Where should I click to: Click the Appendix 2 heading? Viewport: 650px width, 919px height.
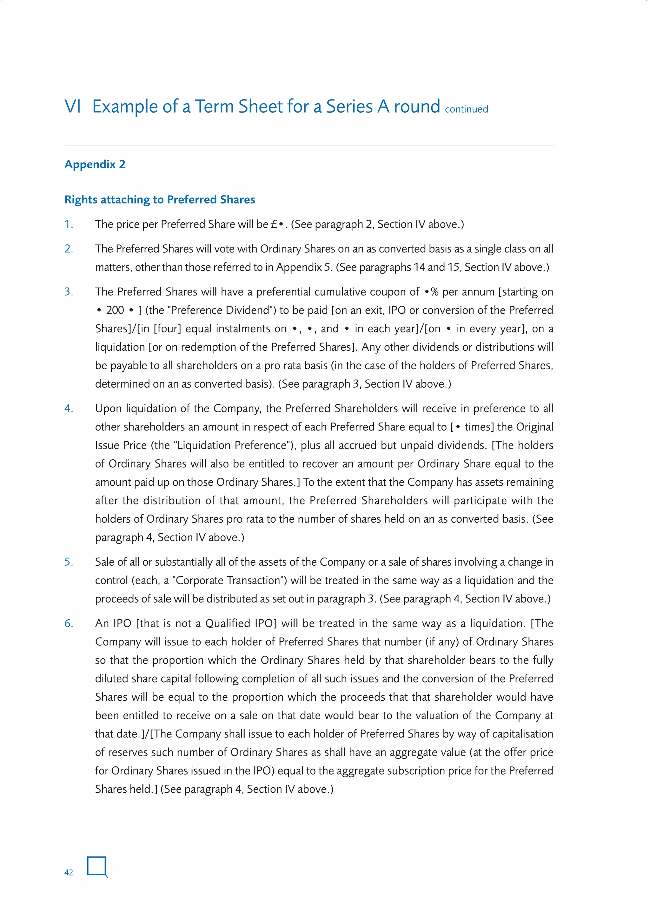coord(95,164)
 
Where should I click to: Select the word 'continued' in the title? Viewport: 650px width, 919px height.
coord(466,109)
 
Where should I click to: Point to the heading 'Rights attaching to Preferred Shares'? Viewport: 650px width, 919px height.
coord(160,199)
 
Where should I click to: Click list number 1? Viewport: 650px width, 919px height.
coord(69,224)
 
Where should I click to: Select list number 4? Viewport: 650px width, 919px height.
coord(69,408)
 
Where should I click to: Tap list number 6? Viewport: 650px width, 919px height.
coord(69,623)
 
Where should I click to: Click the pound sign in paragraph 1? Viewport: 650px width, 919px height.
coord(274,224)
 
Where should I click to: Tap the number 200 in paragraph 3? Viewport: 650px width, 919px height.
coord(115,310)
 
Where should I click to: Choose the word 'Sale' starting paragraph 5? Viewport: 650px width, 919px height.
coord(106,562)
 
